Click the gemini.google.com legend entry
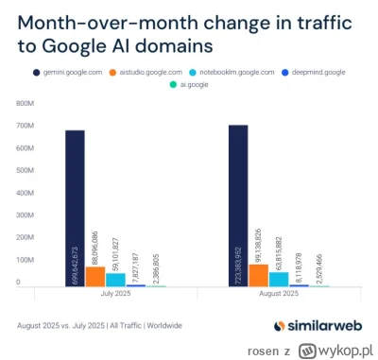tap(65, 71)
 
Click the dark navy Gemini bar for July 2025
tap(75, 208)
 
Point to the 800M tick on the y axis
tap(26, 103)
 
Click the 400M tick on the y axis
tap(26, 193)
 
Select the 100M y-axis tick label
tap(26, 260)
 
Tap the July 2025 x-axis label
tap(115, 294)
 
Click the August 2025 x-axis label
tap(278, 294)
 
